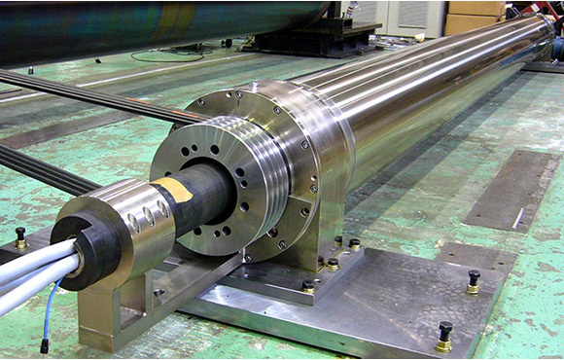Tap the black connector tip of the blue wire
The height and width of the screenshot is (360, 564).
44,345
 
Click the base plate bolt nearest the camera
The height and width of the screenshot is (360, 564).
444,335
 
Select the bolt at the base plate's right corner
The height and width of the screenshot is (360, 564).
474,281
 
